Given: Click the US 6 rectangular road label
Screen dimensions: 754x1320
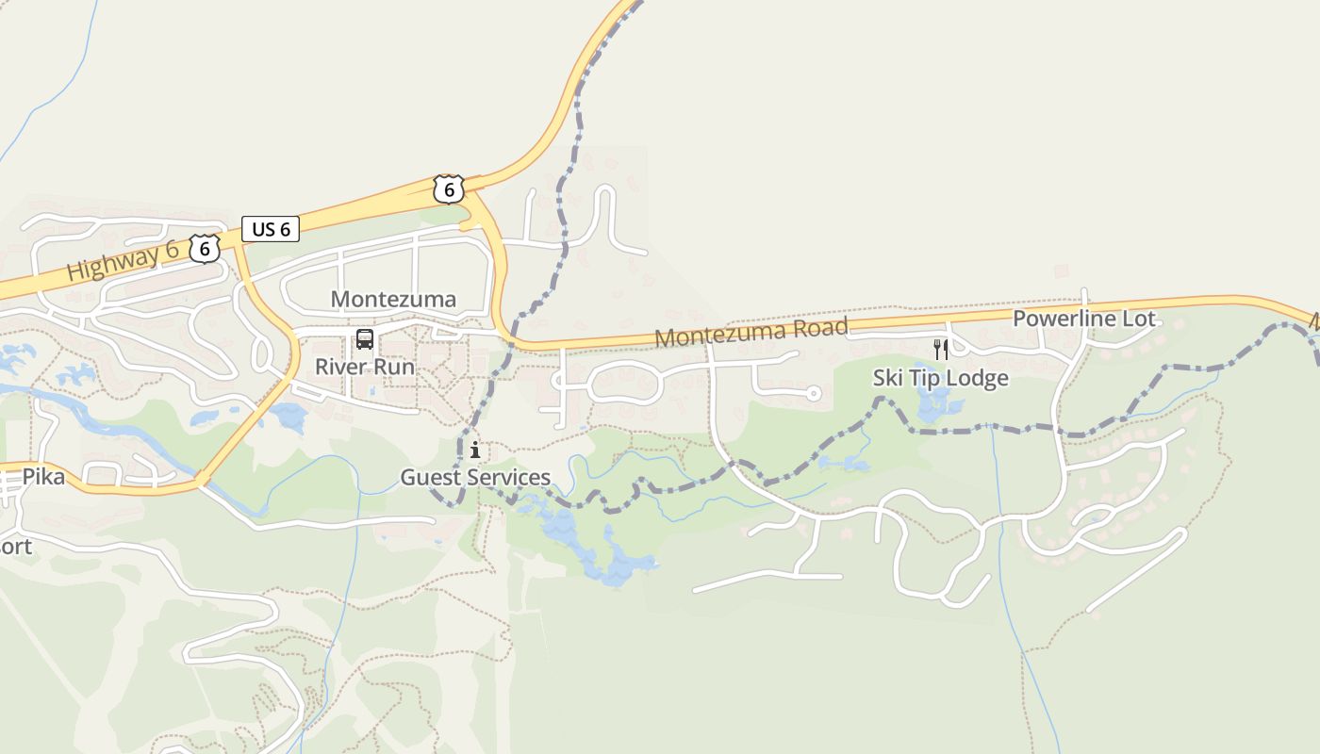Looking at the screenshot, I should pos(271,229).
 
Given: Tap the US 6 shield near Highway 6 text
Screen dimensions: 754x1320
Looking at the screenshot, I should pos(205,249).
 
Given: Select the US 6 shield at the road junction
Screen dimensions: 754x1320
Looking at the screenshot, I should pos(449,189).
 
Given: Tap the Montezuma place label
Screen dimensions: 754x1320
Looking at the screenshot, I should pos(393,300).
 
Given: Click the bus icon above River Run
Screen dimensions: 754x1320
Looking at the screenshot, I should pos(365,340).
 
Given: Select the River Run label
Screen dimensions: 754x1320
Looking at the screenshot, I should pos(365,367).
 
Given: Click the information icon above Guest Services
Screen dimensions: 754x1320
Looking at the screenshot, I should pos(475,451).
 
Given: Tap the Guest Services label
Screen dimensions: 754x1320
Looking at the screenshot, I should pos(475,477).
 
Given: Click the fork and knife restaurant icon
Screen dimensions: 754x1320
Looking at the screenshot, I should pos(940,350).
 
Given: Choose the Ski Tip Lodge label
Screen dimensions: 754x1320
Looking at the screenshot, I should pos(940,378).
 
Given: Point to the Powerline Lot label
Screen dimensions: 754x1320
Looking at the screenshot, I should pos(1083,319).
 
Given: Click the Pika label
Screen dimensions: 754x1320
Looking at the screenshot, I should pos(43,477).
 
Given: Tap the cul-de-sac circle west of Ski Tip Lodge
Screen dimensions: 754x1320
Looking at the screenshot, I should pos(814,393).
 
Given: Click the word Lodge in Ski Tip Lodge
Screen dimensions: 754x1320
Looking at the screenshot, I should pos(978,378).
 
